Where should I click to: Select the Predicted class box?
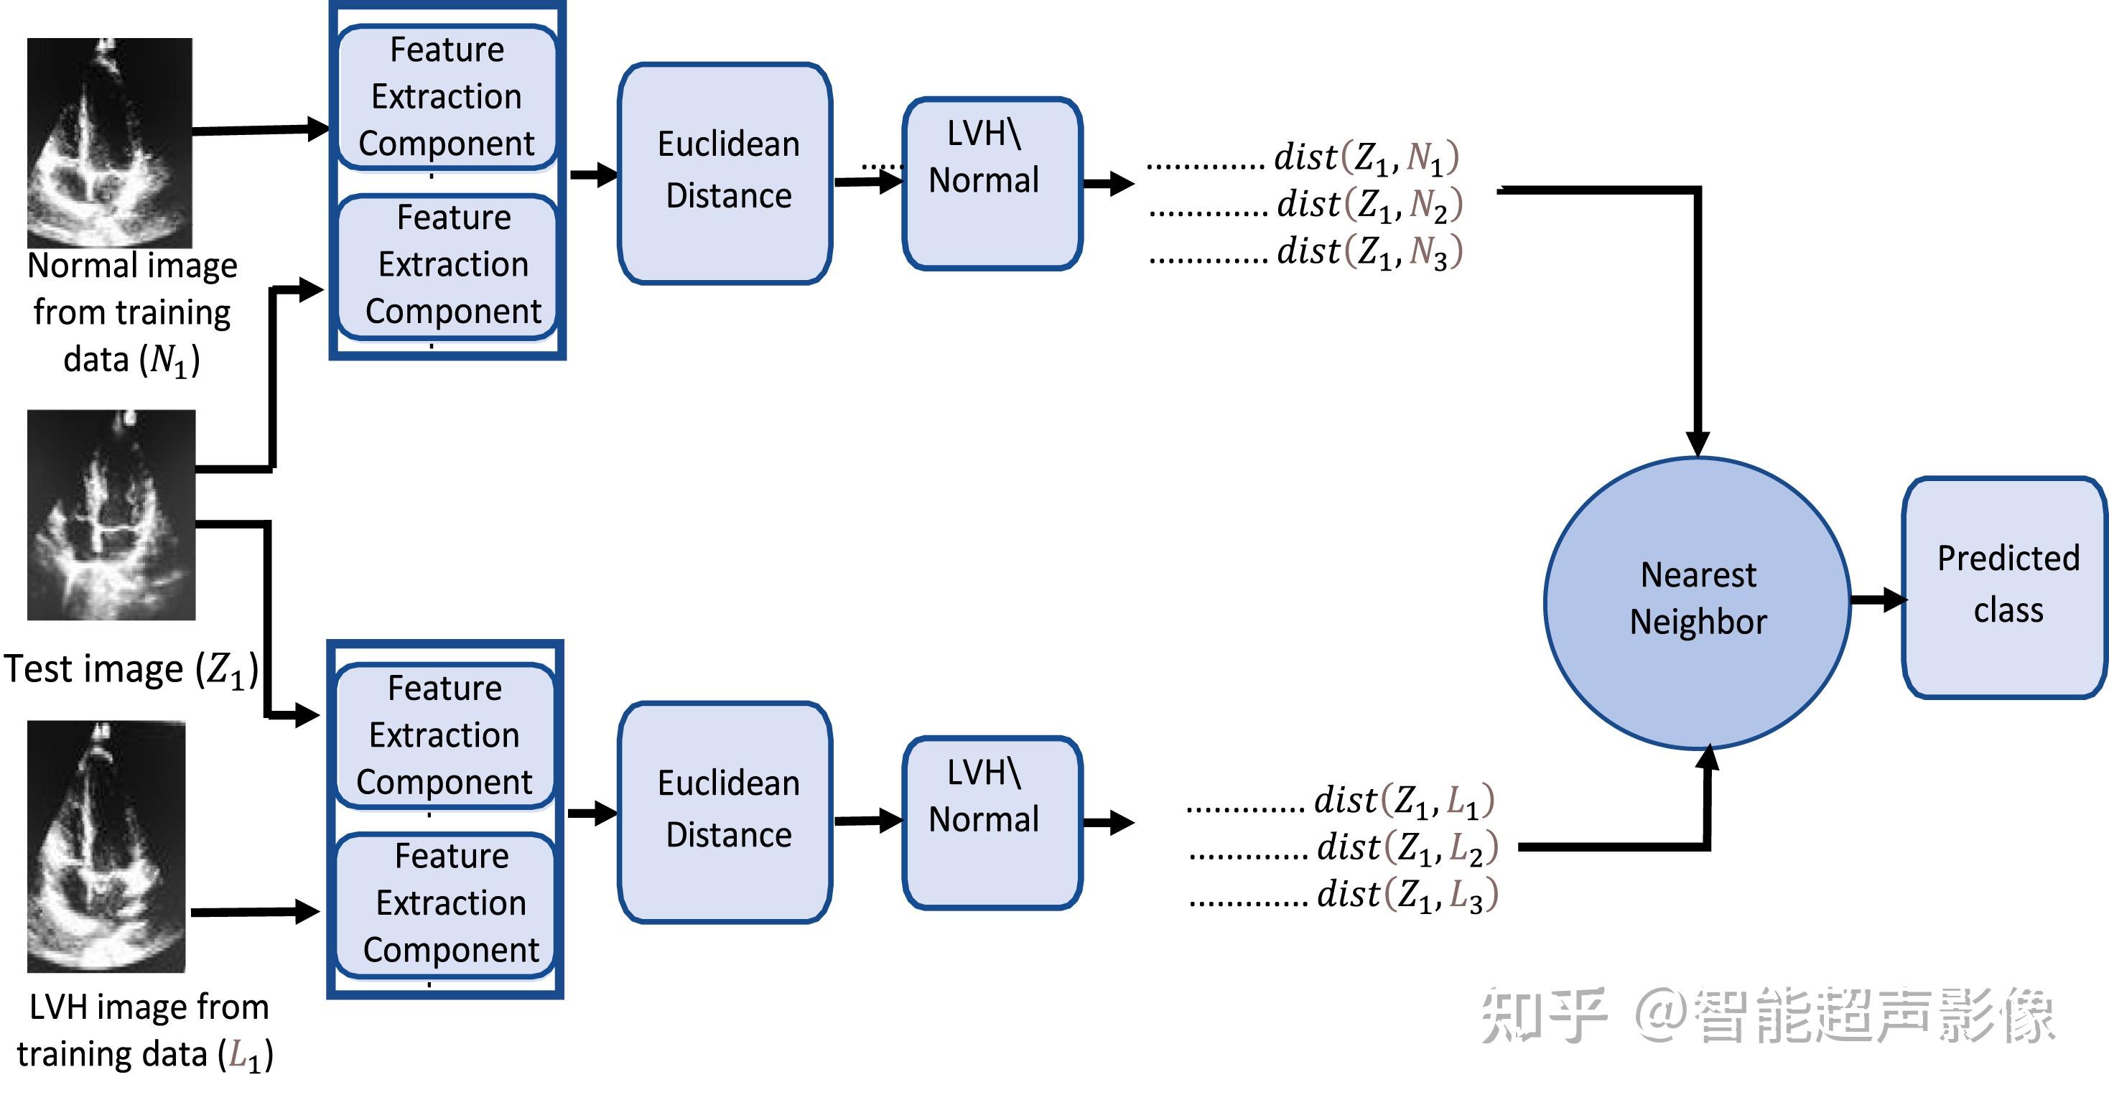coord(2006,587)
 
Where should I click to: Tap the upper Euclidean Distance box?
coord(725,173)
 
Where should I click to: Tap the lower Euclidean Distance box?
coord(725,812)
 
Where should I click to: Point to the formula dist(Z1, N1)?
coord(1366,157)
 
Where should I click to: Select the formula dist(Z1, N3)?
coord(1369,251)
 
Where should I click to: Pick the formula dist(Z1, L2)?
coord(1407,848)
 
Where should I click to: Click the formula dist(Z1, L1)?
coord(1403,801)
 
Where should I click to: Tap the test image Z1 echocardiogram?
coord(111,515)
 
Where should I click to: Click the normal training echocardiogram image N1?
coord(110,142)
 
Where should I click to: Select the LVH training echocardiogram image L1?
coord(106,847)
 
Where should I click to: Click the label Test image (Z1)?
coord(131,669)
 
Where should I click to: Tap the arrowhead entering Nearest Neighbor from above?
coord(1698,442)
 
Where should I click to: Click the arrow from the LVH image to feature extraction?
coord(253,911)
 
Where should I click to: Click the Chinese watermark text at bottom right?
coord(1769,1015)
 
